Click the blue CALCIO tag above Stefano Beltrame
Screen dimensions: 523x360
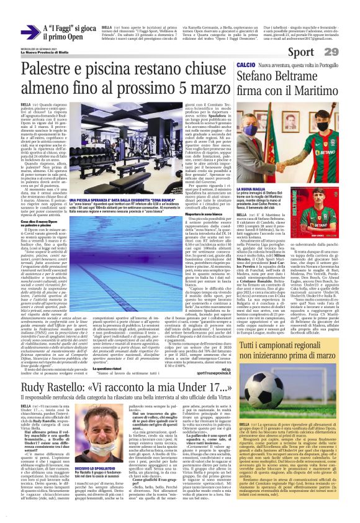pos(246,65)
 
